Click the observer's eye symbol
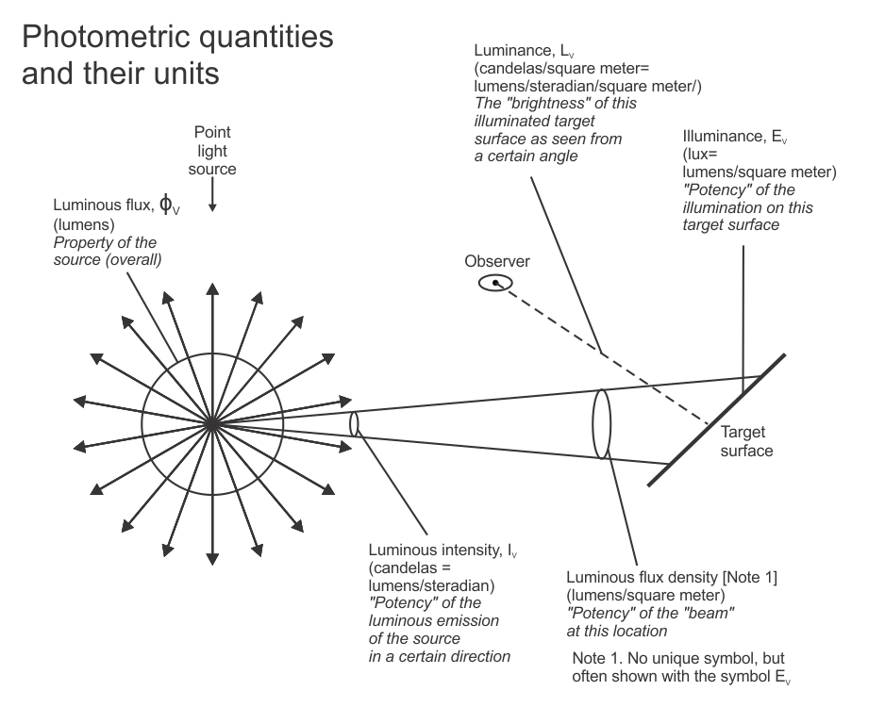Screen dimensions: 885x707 coord(495,283)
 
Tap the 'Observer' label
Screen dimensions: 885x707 coord(497,262)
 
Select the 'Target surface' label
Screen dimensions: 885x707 coord(746,441)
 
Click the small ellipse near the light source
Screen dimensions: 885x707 coord(354,424)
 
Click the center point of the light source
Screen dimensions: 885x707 coord(212,424)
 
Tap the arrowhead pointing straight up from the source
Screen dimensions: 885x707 coord(212,289)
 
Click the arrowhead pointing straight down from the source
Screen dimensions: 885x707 coord(212,559)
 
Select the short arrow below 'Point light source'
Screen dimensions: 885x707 coord(212,196)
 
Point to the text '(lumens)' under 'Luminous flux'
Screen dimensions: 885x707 coord(84,225)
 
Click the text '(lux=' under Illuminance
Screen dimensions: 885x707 coord(700,155)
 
